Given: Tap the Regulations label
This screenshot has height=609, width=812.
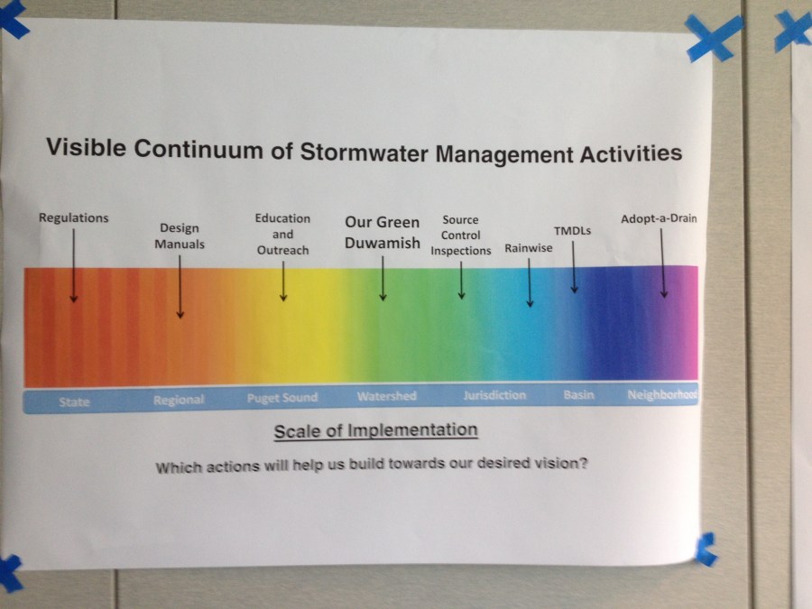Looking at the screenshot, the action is (x=74, y=218).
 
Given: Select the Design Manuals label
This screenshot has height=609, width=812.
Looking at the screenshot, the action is (x=180, y=236).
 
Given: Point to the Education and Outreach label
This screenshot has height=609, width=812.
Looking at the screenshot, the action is (x=282, y=234).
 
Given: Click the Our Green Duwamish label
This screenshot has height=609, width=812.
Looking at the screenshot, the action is (x=383, y=233).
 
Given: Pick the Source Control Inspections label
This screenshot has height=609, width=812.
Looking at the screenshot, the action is (x=460, y=235).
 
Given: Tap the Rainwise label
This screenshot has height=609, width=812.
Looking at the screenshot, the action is (x=528, y=248).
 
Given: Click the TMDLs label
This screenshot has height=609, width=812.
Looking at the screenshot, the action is (x=572, y=231).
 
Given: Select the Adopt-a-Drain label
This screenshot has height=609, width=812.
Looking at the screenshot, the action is (x=659, y=218).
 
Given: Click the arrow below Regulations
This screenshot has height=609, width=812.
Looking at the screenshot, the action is (x=74, y=265).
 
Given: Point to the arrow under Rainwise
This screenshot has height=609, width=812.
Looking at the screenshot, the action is (x=530, y=282).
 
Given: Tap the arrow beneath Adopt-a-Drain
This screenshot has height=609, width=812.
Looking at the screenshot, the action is (x=663, y=263).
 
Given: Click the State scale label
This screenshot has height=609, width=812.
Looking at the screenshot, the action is (x=74, y=401).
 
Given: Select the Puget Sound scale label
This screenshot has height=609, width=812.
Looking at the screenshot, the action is (x=282, y=398).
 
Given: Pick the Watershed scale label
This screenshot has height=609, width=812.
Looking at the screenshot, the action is (x=386, y=396).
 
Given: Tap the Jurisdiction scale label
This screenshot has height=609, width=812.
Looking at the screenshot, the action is (x=494, y=395).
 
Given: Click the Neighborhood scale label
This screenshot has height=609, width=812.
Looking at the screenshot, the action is (x=662, y=394).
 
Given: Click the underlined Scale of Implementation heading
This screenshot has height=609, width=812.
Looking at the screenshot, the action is (x=375, y=431).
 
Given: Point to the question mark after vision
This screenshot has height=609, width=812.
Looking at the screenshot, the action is (x=584, y=462).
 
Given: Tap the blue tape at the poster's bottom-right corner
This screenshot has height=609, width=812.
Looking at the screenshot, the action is (x=706, y=549).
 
